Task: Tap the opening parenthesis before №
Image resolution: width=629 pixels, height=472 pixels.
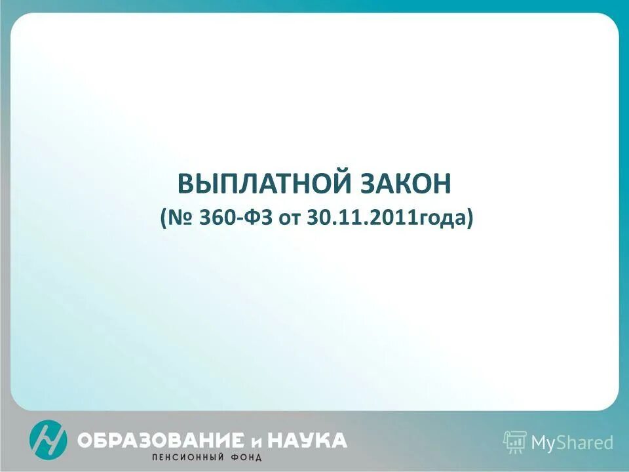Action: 163,218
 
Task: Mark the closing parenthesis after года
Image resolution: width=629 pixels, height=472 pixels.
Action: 469,218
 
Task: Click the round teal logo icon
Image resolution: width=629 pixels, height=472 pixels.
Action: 48,439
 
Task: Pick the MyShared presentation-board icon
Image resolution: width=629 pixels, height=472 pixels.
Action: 515,442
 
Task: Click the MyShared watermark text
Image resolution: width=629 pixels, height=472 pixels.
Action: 572,443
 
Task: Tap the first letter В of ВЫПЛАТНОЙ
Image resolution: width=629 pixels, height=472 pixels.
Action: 186,184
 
